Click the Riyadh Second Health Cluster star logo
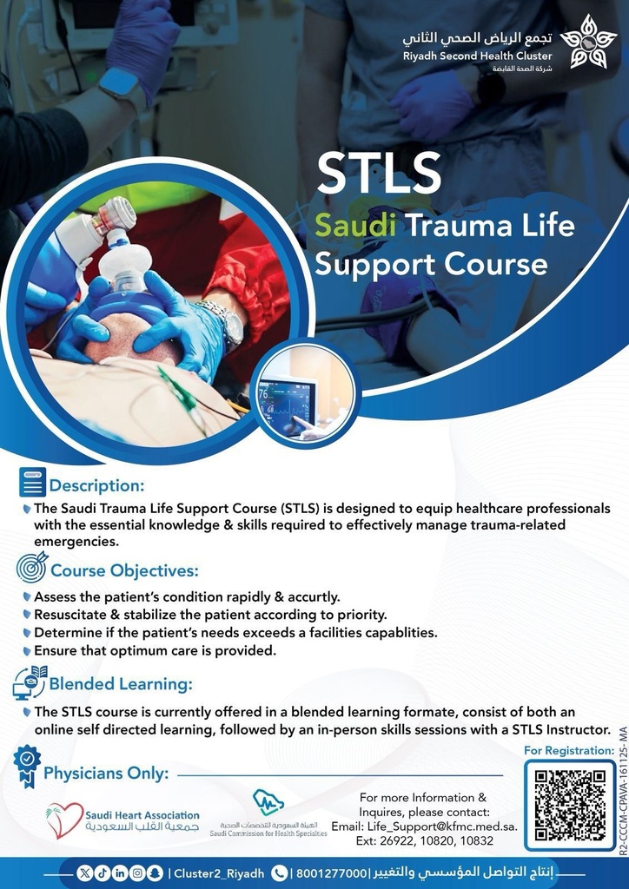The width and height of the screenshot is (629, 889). pos(587,41)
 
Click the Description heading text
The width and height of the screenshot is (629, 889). pos(96,484)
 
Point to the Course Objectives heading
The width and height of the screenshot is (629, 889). pos(124,570)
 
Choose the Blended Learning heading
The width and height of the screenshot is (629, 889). pos(120,684)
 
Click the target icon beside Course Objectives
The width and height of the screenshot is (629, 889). pos(32,568)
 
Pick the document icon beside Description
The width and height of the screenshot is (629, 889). pos(32,482)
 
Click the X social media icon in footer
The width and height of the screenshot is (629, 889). pos(84,873)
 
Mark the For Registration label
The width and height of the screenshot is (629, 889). pos(569,749)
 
